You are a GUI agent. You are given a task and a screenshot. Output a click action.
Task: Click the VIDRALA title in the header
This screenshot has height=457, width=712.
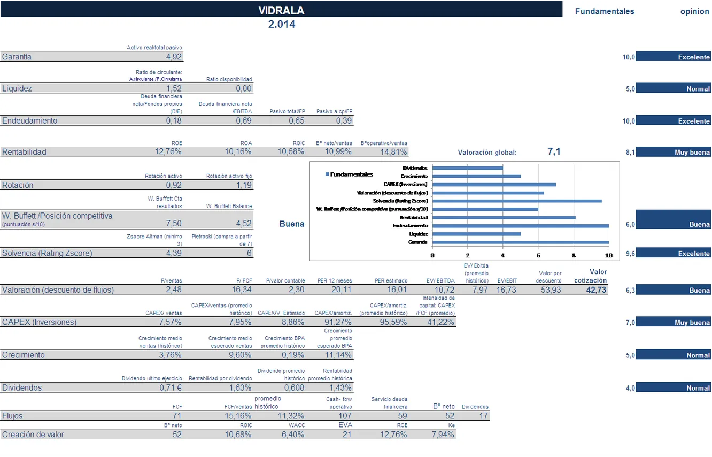(281, 11)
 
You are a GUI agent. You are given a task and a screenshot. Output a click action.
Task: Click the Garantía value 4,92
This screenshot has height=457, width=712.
(174, 57)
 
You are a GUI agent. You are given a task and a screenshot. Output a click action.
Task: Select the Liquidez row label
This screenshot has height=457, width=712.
(17, 89)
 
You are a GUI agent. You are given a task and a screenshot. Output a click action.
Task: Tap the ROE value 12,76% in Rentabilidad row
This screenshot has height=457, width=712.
(168, 152)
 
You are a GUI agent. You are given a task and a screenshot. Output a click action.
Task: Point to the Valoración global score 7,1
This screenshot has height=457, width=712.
(554, 152)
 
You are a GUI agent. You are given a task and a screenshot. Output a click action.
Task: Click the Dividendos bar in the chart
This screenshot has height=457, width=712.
(467, 168)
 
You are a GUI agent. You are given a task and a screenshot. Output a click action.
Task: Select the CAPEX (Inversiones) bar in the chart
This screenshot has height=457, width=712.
(494, 185)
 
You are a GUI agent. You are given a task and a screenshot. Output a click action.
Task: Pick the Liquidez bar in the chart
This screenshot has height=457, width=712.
(476, 234)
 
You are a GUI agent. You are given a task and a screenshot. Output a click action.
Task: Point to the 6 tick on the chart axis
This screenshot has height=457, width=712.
(538, 255)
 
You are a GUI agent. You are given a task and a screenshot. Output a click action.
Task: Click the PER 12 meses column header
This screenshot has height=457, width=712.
(335, 280)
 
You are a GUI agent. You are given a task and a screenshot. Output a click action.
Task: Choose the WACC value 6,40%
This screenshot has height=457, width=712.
(293, 435)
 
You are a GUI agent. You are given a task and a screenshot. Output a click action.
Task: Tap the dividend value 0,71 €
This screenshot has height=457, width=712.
(171, 388)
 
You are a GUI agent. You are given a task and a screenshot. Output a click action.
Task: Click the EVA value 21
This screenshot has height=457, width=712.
(347, 435)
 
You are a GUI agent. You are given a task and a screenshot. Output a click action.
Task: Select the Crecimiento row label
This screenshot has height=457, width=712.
(24, 355)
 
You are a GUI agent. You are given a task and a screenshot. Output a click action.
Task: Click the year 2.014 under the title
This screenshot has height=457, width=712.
(281, 24)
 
